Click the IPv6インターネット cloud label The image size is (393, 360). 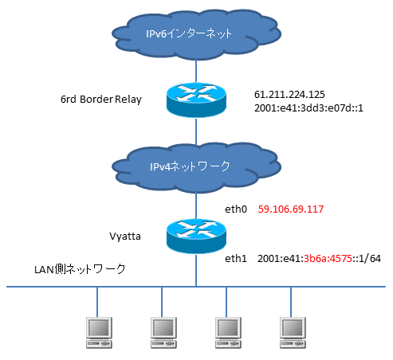[189, 33]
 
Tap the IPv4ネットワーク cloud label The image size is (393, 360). [190, 166]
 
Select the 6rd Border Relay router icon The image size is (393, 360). [196, 100]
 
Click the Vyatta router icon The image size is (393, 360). [196, 236]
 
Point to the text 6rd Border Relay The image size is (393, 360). [101, 100]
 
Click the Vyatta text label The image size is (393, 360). [125, 236]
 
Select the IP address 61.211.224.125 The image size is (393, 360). [289, 94]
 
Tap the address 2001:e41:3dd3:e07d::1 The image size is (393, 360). [309, 108]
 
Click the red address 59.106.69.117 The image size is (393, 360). [291, 209]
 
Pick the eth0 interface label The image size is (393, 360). [236, 209]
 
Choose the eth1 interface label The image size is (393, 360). [236, 258]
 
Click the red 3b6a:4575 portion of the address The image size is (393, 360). [328, 258]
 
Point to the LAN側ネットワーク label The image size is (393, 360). [80, 269]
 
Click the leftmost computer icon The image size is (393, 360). [99, 332]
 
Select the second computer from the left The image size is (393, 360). [163, 332]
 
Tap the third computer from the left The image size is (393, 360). [228, 332]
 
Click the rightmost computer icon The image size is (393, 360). [293, 332]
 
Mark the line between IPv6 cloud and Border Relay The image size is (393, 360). [196, 71]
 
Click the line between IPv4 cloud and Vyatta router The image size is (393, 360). [196, 205]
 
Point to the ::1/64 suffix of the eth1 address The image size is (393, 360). [367, 258]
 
